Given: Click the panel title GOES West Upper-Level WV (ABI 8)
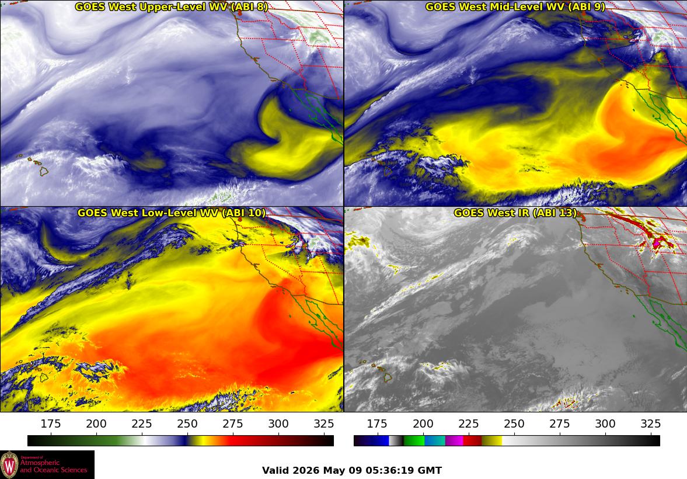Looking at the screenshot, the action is pyautogui.click(x=171, y=6).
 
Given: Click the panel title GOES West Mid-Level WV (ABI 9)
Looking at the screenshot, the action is pyautogui.click(x=515, y=6).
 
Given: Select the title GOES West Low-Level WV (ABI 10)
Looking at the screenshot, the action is pyautogui.click(x=171, y=213).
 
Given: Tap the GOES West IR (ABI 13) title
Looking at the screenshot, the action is pyautogui.click(x=515, y=213).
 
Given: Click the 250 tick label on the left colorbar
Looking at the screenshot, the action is pyautogui.click(x=187, y=424).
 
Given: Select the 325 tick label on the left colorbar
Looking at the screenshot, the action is pyautogui.click(x=324, y=424).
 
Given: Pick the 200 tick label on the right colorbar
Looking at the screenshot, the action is pyautogui.click(x=423, y=424).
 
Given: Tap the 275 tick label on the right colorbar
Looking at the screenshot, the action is pyautogui.click(x=560, y=424).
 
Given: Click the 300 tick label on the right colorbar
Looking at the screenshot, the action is pyautogui.click(x=605, y=424).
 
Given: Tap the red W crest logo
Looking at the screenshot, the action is pyautogui.click(x=9, y=465).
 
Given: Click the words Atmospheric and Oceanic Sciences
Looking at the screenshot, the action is pyautogui.click(x=54, y=466).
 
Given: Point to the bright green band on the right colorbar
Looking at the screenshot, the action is pyautogui.click(x=414, y=440).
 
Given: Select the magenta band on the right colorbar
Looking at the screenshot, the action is pyautogui.click(x=454, y=440).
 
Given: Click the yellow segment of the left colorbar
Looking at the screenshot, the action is pyautogui.click(x=196, y=440).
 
